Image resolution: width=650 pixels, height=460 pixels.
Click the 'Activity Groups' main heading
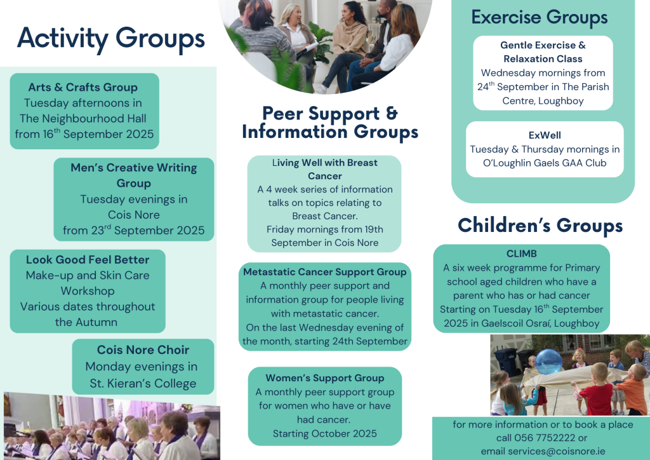(x=110, y=39)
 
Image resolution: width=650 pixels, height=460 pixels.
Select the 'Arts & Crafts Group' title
(x=83, y=87)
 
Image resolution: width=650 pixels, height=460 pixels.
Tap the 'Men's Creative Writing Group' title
(x=133, y=175)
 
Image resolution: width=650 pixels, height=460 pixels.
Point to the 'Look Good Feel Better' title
(x=88, y=260)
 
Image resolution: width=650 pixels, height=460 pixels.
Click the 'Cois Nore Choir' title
(x=143, y=349)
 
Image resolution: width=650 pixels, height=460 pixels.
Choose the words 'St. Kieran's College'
(x=143, y=383)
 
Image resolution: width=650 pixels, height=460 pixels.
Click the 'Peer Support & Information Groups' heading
(x=330, y=123)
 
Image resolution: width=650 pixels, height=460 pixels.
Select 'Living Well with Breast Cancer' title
(x=324, y=169)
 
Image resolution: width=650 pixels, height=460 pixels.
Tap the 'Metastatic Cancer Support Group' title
(x=324, y=272)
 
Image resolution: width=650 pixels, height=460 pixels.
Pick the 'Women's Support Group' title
(x=324, y=378)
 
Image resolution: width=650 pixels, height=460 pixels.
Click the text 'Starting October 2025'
(x=324, y=433)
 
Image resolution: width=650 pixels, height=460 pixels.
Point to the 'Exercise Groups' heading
(x=540, y=17)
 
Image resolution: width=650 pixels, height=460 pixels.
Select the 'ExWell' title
(x=545, y=135)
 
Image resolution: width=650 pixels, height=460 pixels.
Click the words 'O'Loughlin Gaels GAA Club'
(x=545, y=163)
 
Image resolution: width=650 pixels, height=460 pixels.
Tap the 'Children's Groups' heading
(x=540, y=225)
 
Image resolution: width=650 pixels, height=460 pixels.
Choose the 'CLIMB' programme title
(x=522, y=254)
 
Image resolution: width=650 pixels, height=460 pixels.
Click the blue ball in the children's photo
(x=548, y=362)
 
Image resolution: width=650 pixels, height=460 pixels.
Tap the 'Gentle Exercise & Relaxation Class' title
(x=543, y=52)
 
